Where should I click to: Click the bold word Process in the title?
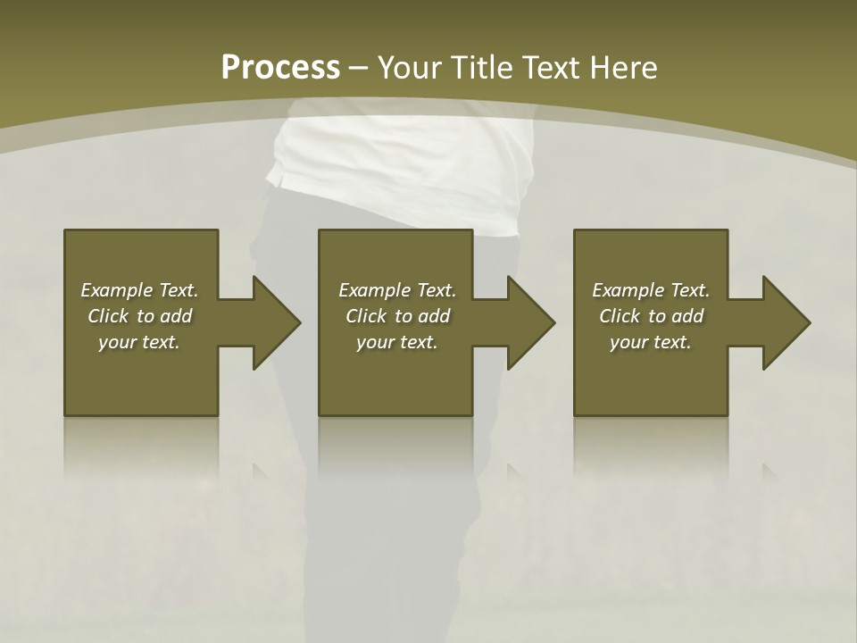(x=280, y=68)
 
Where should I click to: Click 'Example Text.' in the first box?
(x=139, y=290)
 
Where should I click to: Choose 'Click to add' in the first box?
(x=139, y=316)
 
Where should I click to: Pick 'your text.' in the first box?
(x=139, y=342)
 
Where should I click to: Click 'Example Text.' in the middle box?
(x=397, y=290)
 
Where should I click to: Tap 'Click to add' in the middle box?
(x=397, y=316)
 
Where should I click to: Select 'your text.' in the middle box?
(x=397, y=342)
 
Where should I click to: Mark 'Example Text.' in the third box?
(x=651, y=290)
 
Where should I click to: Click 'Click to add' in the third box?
(x=651, y=316)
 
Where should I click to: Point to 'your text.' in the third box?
(x=651, y=342)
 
